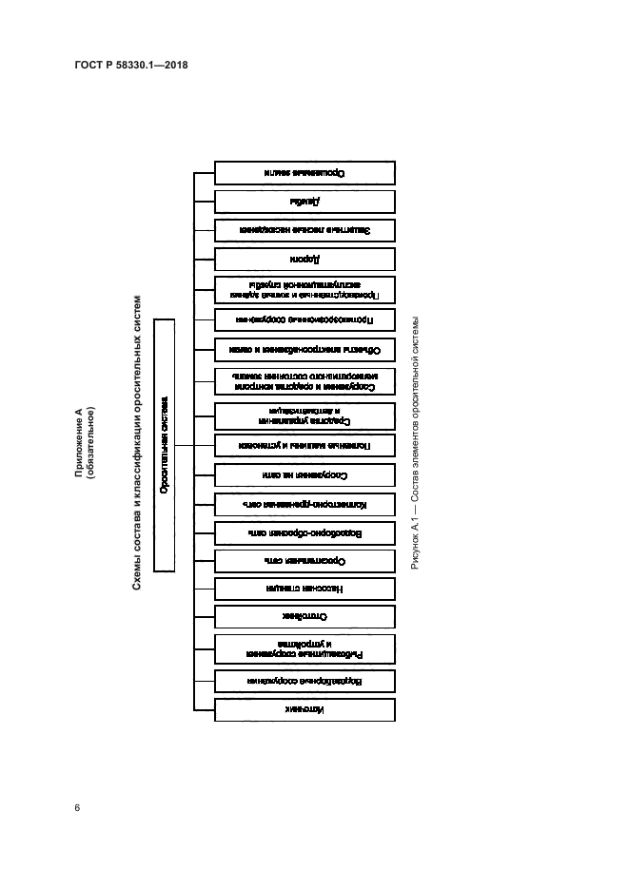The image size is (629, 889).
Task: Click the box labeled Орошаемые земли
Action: [305, 172]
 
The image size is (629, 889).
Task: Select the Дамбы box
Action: [305, 202]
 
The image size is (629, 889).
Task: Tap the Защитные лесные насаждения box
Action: [305, 230]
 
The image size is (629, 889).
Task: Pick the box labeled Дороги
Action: [305, 260]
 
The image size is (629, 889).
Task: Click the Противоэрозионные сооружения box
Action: [305, 319]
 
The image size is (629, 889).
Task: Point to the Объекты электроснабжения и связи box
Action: [305, 349]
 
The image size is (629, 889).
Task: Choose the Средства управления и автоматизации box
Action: [305, 415]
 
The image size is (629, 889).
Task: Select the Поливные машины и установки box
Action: [305, 444]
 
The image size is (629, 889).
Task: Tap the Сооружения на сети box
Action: [305, 473]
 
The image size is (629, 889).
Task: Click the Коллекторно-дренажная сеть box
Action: [305, 503]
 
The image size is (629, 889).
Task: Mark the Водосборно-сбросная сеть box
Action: [305, 532]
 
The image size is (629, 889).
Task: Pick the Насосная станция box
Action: [305, 589]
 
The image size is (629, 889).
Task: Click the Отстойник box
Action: [305, 616]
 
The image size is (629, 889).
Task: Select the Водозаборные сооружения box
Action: [305, 681]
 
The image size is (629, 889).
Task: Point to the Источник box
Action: [305, 709]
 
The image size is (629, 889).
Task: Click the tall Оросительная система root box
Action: [165, 445]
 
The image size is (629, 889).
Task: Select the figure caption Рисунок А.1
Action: [415, 442]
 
